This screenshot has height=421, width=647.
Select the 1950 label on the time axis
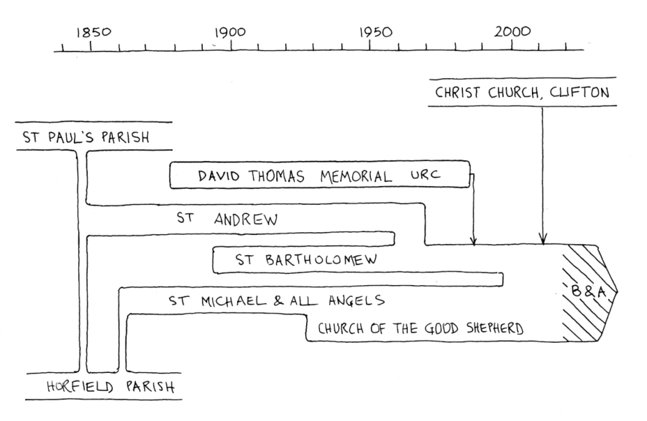tap(375, 32)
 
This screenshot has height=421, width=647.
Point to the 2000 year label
tap(515, 32)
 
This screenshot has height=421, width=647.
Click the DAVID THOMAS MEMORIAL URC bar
tap(319, 176)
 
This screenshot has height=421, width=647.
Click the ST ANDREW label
tap(226, 220)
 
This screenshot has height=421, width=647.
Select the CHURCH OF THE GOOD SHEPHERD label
tap(421, 329)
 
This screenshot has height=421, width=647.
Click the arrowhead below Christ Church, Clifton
tap(543, 239)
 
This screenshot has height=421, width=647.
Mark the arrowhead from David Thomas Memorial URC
tap(473, 240)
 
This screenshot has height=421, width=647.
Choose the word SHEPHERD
tap(494, 329)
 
